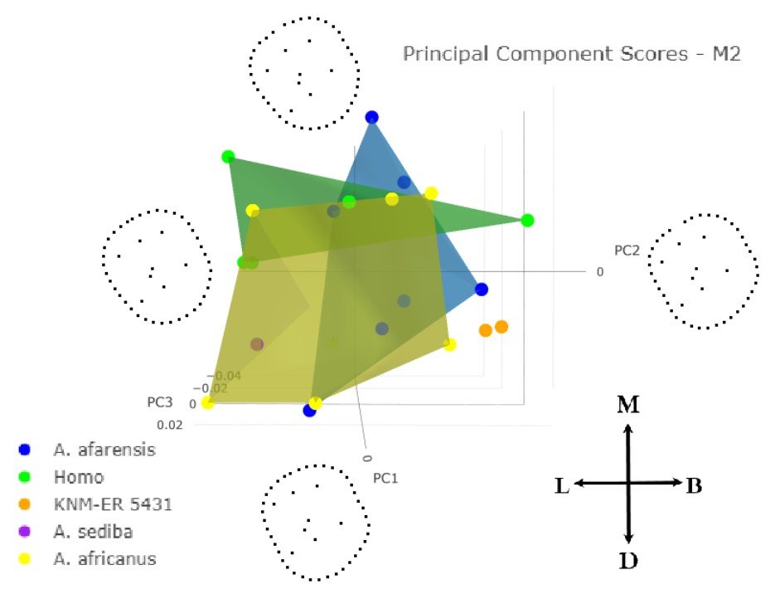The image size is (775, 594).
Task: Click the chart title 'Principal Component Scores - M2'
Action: coord(571,55)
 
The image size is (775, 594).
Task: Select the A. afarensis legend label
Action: coord(104,450)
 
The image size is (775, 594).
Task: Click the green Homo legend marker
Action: coord(25,477)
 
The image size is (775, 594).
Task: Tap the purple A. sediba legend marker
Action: coord(25,532)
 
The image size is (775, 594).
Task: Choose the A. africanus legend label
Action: coord(105,559)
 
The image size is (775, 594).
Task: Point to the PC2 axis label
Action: coord(627,250)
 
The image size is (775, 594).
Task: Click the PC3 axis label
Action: coord(160,403)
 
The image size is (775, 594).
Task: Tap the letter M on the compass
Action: coord(628,406)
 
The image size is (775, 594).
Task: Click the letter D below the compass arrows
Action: coord(629,562)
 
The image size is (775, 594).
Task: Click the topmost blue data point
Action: coord(372,118)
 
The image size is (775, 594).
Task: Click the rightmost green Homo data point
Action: coord(527,220)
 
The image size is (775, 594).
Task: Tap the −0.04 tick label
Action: coord(223,376)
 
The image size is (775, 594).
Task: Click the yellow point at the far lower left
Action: coord(207,403)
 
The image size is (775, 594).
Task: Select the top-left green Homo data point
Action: coord(228,157)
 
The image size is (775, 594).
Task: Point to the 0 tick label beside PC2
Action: coord(599,271)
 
